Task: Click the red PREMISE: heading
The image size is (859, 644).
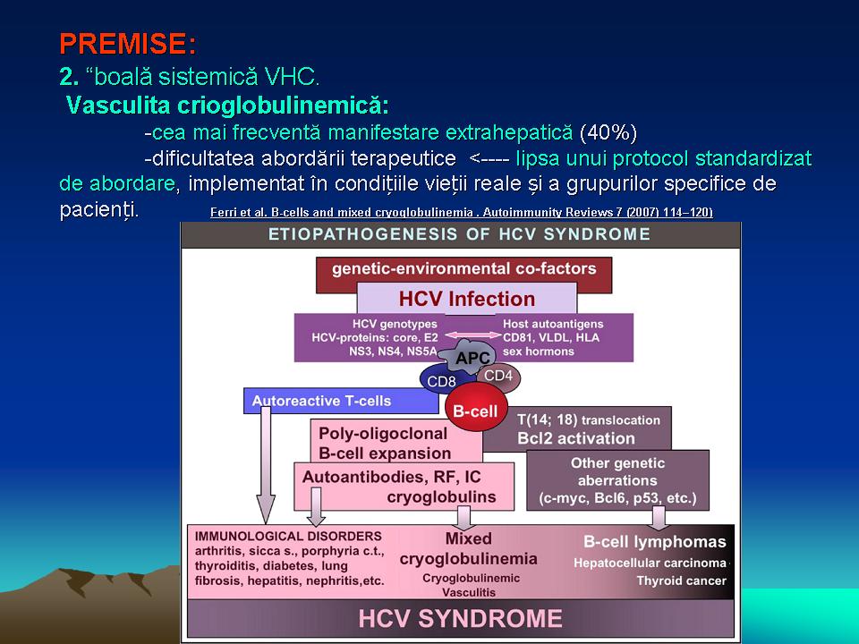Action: coord(127,44)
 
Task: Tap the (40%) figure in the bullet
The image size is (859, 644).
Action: coord(608,132)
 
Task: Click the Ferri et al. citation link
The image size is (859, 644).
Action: coord(462,213)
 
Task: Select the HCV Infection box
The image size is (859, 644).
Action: coord(467,299)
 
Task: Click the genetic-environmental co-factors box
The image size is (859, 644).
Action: coord(464,269)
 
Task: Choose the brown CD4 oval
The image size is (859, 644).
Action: coord(498,377)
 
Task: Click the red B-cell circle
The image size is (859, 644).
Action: coord(475,411)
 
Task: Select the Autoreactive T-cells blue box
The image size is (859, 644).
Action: coord(341,401)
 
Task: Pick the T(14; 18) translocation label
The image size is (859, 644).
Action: coord(589,420)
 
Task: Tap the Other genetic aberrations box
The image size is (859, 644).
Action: coord(617,480)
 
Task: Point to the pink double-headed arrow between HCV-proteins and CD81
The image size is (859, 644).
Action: coord(472,335)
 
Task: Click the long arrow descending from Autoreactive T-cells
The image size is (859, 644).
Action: coord(266,465)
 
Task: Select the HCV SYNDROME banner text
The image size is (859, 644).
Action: coord(460,619)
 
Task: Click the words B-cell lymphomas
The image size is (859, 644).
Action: coord(655,542)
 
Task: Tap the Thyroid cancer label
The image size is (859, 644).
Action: coord(682,581)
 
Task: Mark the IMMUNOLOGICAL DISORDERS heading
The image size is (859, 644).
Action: coord(288,537)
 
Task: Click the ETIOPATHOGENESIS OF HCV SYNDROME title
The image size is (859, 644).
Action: coord(459,234)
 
